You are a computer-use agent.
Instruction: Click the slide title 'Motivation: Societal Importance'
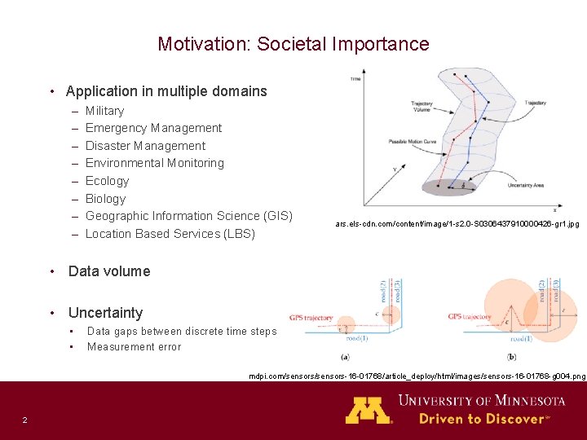293,44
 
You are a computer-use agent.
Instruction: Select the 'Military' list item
104,111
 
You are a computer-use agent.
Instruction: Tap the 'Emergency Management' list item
153,128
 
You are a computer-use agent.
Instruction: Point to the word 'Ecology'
107,181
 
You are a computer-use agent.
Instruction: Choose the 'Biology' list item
105,199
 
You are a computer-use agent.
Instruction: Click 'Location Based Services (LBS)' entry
170,234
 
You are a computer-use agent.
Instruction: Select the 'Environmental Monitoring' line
154,163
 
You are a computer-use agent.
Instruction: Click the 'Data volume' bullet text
109,271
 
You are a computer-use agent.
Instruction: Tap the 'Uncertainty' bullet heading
105,313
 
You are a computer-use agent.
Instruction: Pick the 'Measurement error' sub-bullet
134,347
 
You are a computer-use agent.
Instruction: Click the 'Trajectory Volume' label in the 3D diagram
421,106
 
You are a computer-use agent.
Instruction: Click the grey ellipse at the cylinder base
448,187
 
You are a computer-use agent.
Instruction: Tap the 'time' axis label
355,79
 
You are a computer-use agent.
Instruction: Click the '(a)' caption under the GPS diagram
346,357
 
